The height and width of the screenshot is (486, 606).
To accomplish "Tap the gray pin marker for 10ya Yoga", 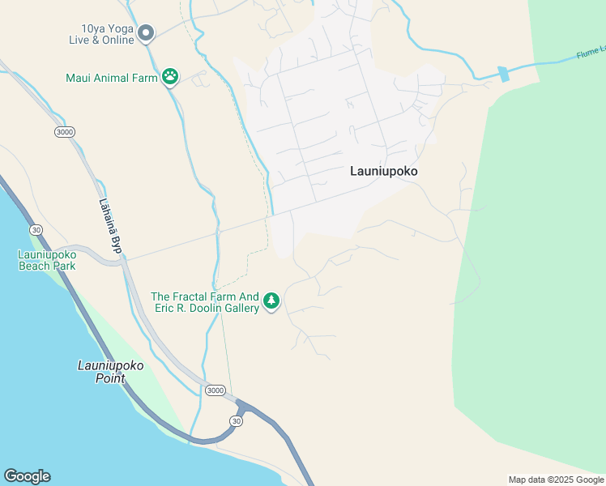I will click(146, 32).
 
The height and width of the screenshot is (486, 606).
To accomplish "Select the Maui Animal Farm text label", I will click(112, 79).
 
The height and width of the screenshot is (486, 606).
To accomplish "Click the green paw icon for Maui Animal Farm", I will click(170, 77).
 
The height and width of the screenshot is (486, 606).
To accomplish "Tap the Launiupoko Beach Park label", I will click(47, 260).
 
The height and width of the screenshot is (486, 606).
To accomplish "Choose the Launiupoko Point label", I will click(110, 372).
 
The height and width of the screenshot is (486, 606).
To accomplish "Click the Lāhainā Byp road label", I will click(109, 226).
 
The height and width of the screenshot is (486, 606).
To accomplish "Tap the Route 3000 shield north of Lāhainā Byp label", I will click(66, 131).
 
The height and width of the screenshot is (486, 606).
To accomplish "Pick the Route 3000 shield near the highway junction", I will click(215, 390).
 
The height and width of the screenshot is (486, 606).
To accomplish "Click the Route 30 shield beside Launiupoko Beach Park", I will click(35, 230).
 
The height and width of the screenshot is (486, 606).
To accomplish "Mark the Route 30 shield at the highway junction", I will click(236, 420).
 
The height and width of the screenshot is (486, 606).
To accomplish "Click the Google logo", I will click(27, 476).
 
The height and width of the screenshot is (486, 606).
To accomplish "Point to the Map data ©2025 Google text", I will click(556, 480).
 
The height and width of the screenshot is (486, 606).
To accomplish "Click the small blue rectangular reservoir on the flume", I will click(505, 75).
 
